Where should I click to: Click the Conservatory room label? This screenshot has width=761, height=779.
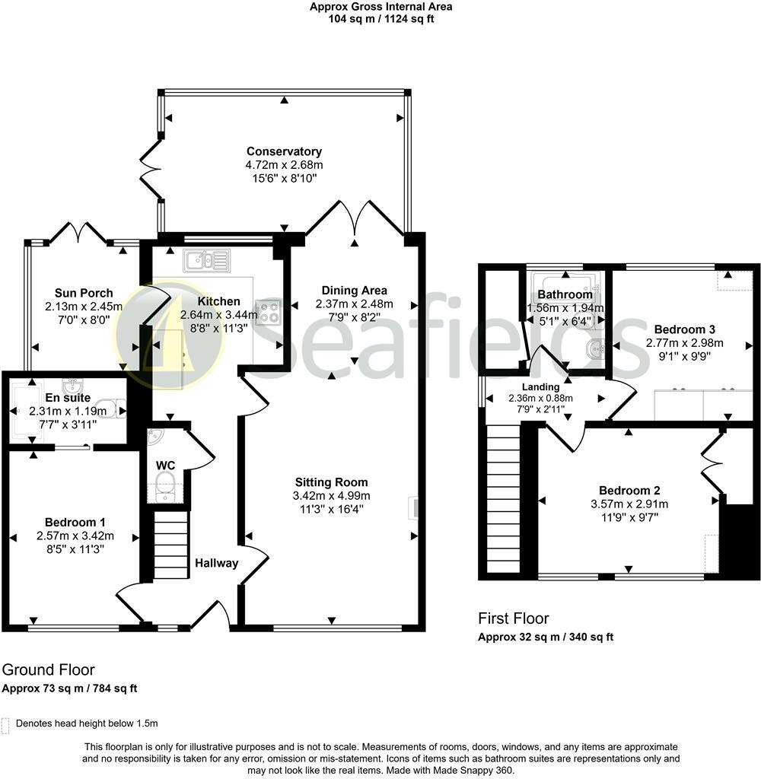tap(283, 151)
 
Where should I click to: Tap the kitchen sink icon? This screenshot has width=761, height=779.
tap(206, 262)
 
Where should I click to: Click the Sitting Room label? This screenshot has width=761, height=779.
tap(332, 482)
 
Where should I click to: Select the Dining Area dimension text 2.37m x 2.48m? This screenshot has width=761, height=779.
tap(354, 304)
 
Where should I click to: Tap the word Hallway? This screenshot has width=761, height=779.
tap(216, 564)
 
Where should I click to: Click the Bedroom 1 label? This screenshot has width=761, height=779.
tap(75, 522)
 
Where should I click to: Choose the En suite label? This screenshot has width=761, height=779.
tap(68, 398)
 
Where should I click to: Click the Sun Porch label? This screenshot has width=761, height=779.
tap(84, 293)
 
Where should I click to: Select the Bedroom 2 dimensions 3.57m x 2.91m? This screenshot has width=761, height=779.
tap(629, 504)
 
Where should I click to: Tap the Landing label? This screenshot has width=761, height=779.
tap(540, 386)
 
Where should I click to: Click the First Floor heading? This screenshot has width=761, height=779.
tap(513, 618)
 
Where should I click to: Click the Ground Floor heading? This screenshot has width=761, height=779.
tap(48, 670)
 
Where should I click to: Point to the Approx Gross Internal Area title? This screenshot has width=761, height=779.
tap(380, 7)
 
